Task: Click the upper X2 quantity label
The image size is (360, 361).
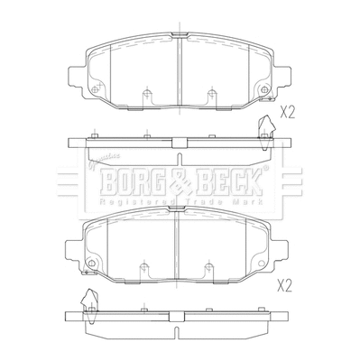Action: click(x=289, y=113)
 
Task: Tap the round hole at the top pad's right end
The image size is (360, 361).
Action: click(x=263, y=91)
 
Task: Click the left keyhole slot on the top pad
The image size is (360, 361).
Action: click(x=145, y=94)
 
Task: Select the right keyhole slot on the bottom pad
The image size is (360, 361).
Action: click(x=209, y=267)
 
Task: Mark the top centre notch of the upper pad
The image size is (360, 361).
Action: click(x=179, y=37)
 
